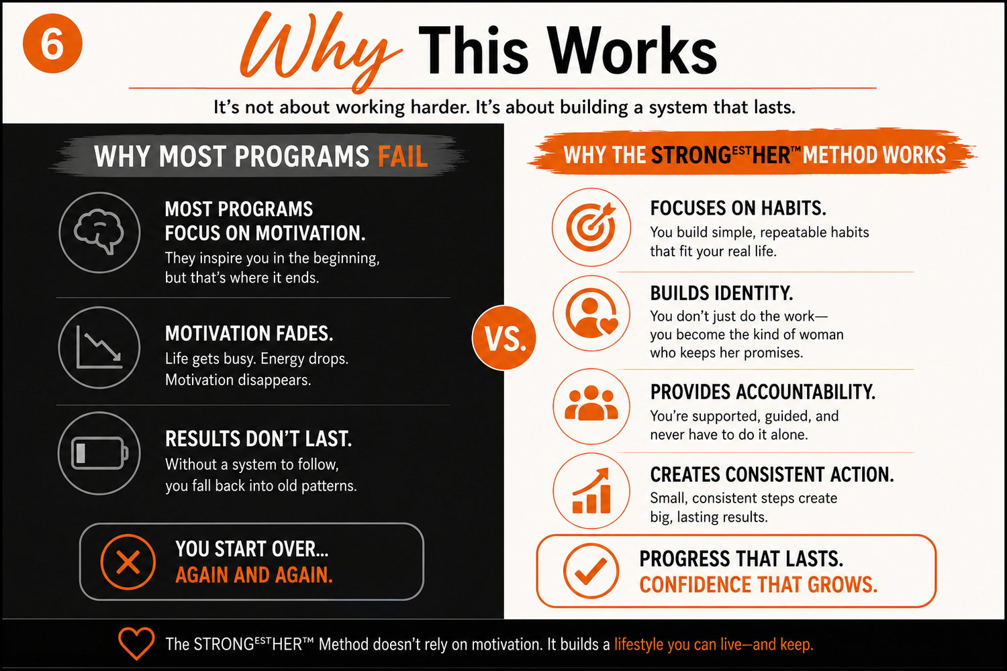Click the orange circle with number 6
click(52, 43)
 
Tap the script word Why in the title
click(320, 52)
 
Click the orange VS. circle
click(504, 338)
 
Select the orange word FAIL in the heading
click(403, 156)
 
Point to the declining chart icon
click(99, 348)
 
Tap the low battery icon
click(99, 453)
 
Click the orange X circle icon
click(128, 562)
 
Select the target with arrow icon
click(591, 227)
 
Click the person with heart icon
click(591, 313)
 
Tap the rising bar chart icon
click(591, 491)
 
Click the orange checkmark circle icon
click(591, 571)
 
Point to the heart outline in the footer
click(136, 643)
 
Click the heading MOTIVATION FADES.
click(249, 333)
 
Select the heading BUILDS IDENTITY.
click(722, 293)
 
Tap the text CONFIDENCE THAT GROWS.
click(759, 584)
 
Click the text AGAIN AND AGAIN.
click(254, 575)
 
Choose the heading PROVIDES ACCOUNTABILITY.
click(763, 392)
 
